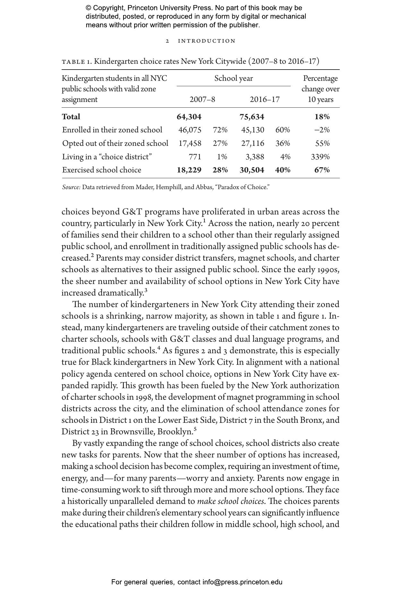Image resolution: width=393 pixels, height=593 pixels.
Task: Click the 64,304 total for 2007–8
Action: click(x=189, y=117)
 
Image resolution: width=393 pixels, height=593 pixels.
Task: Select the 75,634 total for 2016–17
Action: click(x=252, y=117)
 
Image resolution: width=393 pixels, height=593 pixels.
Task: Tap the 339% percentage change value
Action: click(x=320, y=157)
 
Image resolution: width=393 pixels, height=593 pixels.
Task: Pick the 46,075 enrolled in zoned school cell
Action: click(x=190, y=130)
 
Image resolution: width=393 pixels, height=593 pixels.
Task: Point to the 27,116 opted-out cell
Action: click(x=253, y=143)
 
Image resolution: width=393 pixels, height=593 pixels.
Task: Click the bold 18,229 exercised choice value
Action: click(x=189, y=170)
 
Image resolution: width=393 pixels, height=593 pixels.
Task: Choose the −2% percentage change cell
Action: click(x=322, y=130)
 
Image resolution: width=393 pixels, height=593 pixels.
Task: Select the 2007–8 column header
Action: click(x=202, y=99)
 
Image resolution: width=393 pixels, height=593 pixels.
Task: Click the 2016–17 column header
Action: click(x=265, y=99)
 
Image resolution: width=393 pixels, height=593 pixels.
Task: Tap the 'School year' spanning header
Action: click(x=234, y=79)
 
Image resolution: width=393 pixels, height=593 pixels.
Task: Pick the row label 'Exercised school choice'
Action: click(x=102, y=170)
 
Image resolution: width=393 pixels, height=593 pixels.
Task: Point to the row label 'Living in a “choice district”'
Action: click(x=107, y=157)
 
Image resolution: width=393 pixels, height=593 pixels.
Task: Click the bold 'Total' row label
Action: click(x=71, y=117)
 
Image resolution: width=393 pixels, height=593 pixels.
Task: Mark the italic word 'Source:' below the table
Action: click(x=71, y=187)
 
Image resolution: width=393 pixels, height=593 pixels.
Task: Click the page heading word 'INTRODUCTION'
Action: click(x=207, y=41)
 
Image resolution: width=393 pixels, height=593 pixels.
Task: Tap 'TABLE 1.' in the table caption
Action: click(x=77, y=62)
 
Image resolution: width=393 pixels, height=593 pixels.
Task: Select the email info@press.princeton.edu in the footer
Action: click(x=242, y=582)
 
